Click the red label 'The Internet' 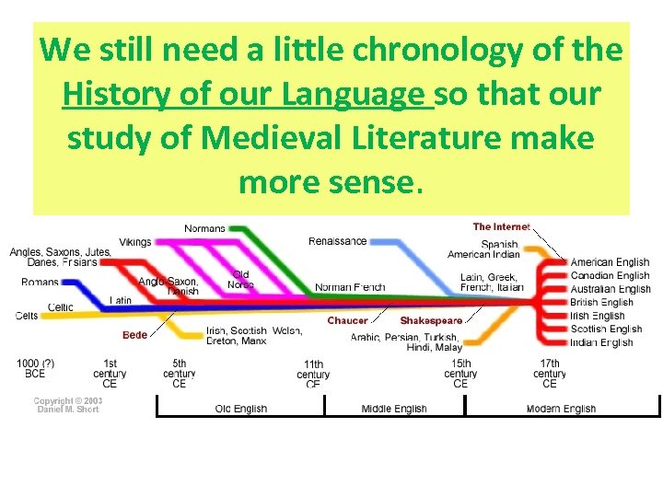(501, 226)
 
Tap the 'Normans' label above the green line (204, 228)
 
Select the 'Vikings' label (135, 242)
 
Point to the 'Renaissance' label (337, 241)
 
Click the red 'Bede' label (134, 334)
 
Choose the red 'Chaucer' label (347, 320)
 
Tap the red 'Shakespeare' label (431, 320)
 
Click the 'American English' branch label (610, 262)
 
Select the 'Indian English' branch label (601, 342)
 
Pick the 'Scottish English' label (606, 329)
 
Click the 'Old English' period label (241, 409)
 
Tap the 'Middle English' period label (394, 409)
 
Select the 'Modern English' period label (561, 409)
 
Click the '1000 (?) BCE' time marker (33, 369)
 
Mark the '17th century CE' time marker (550, 374)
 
